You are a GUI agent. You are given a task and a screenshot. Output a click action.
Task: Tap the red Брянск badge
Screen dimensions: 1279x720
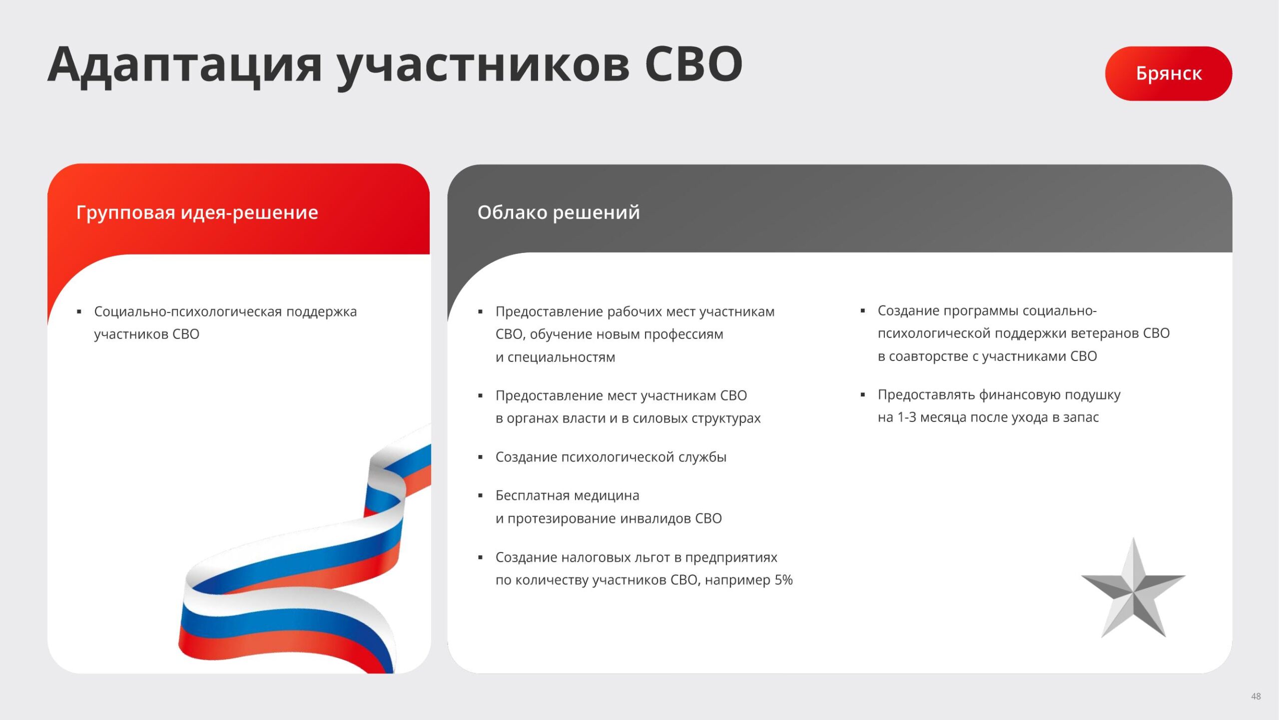[1169, 73]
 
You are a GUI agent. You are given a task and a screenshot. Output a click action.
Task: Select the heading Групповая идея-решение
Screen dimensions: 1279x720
[197, 213]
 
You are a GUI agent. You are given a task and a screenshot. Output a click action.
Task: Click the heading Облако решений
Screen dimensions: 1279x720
[559, 213]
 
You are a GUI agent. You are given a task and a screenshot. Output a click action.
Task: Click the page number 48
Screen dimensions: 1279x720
[1256, 696]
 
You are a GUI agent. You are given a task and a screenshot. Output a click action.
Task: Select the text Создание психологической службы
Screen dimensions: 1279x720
[611, 457]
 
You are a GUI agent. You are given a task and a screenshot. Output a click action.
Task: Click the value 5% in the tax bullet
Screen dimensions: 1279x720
[783, 580]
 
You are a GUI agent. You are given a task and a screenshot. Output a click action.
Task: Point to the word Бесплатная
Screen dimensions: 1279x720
[533, 495]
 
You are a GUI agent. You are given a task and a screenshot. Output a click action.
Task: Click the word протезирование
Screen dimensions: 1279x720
[562, 519]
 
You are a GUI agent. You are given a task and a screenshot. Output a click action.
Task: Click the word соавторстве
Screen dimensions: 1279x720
[928, 356]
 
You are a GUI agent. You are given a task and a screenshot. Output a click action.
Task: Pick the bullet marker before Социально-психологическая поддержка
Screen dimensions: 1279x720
[79, 312]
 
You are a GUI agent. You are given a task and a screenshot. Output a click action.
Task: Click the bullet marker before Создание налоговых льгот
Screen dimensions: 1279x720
[480, 557]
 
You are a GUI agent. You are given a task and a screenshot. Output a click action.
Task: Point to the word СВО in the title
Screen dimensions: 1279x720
[693, 65]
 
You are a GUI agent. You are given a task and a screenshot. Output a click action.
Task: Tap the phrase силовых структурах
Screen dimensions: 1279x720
[696, 418]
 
